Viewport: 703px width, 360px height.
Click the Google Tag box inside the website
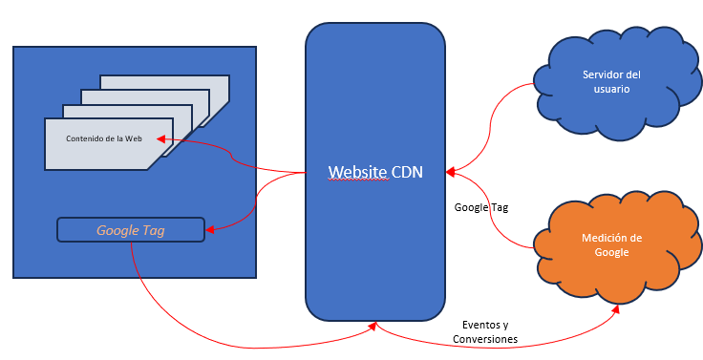[x=131, y=230]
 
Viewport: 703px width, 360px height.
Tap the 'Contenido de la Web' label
[x=104, y=138]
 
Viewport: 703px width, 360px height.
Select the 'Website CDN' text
[x=375, y=172]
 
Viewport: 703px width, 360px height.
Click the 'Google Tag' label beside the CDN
[x=481, y=207]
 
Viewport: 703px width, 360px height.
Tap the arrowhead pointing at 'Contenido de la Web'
[x=161, y=139]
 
